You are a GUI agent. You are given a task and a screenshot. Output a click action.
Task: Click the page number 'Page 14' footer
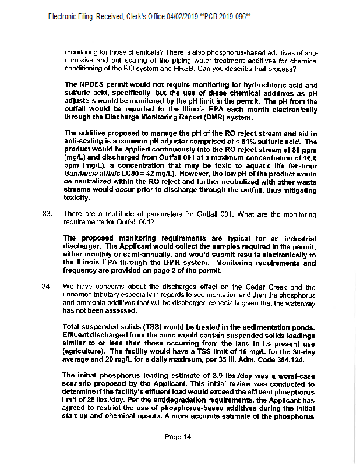point(178,437)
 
